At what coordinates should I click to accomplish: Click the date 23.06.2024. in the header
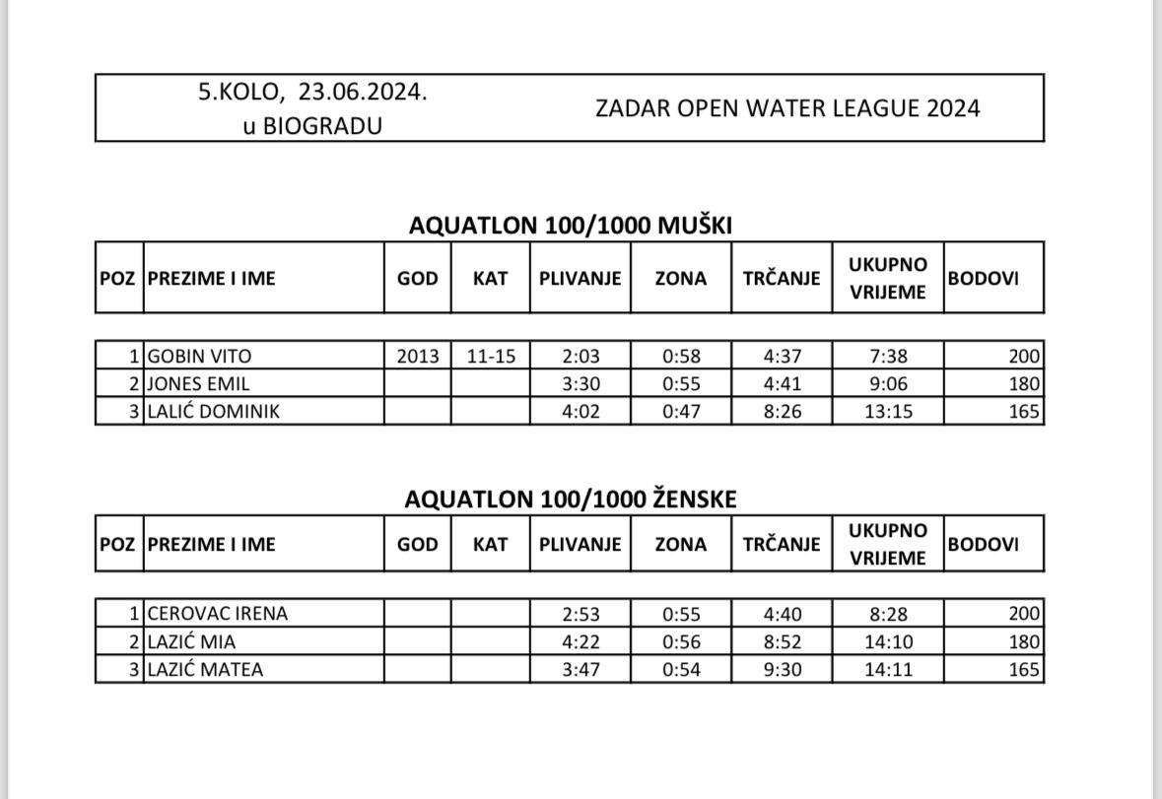coord(364,93)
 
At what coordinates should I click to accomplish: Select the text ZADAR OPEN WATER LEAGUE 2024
coord(787,108)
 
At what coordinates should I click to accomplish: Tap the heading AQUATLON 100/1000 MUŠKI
coord(570,226)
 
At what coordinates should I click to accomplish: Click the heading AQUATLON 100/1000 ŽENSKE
coord(570,499)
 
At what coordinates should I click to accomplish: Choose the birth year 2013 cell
coord(418,357)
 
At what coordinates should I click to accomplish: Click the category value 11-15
coord(491,357)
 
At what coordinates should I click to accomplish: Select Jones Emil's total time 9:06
coord(888,384)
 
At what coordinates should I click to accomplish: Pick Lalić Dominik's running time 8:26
coord(782,412)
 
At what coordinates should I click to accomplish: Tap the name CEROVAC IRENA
coord(217,614)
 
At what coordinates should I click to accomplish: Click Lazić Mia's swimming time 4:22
coord(581,642)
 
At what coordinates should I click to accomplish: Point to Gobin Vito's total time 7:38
coord(888,357)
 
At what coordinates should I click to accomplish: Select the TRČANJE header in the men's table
coord(782,279)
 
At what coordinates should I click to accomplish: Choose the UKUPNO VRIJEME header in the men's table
coord(888,279)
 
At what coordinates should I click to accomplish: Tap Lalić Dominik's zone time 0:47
coord(681,412)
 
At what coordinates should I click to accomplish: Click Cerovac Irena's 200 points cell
coord(1024,614)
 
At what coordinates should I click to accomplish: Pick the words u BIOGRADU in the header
coord(312,126)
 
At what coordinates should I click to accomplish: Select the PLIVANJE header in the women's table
coord(581,544)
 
